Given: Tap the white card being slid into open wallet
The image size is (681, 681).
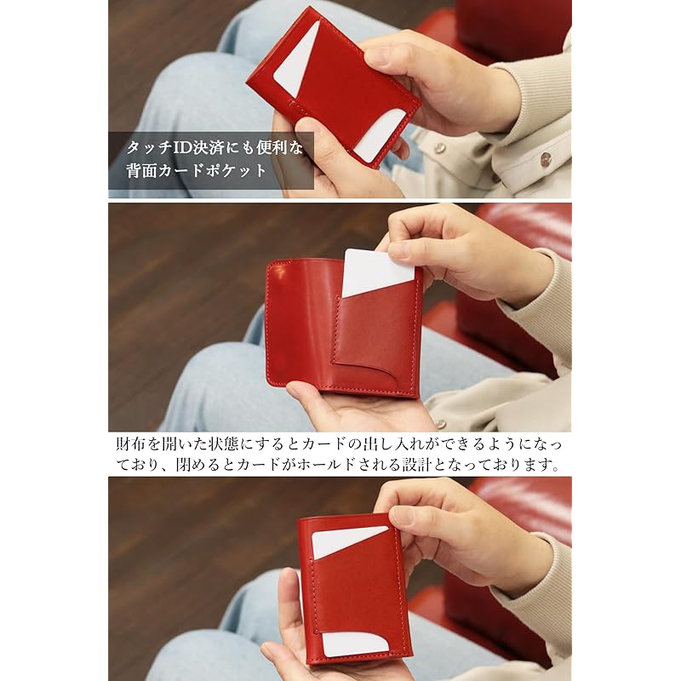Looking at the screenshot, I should point(375,272).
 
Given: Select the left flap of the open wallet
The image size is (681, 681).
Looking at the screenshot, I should point(298,328).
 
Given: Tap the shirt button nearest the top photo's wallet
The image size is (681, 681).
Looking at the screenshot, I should point(440,147).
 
